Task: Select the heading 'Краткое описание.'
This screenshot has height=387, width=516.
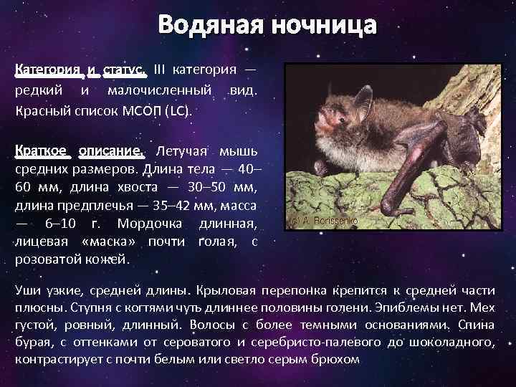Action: (80, 152)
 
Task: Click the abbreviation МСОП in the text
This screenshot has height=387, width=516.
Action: (140, 112)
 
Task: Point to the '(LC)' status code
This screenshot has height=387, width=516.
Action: (178, 112)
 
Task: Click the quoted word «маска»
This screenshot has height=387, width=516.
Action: (111, 242)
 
